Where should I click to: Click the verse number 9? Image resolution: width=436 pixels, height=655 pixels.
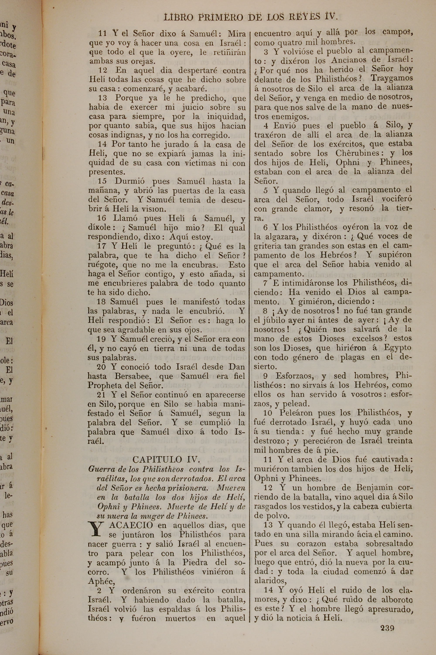click(x=265, y=376)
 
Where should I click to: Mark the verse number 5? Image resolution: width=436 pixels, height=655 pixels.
click(x=266, y=191)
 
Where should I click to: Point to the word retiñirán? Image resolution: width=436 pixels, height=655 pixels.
click(x=229, y=52)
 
